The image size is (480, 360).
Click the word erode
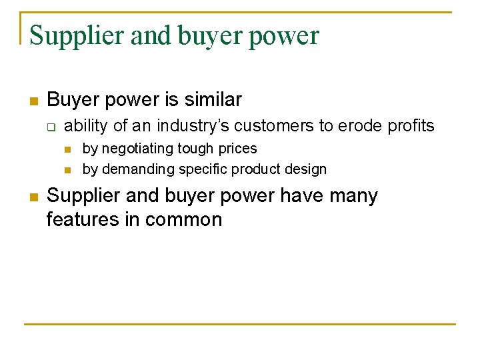(x=365, y=126)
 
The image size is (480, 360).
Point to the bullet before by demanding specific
(x=69, y=170)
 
